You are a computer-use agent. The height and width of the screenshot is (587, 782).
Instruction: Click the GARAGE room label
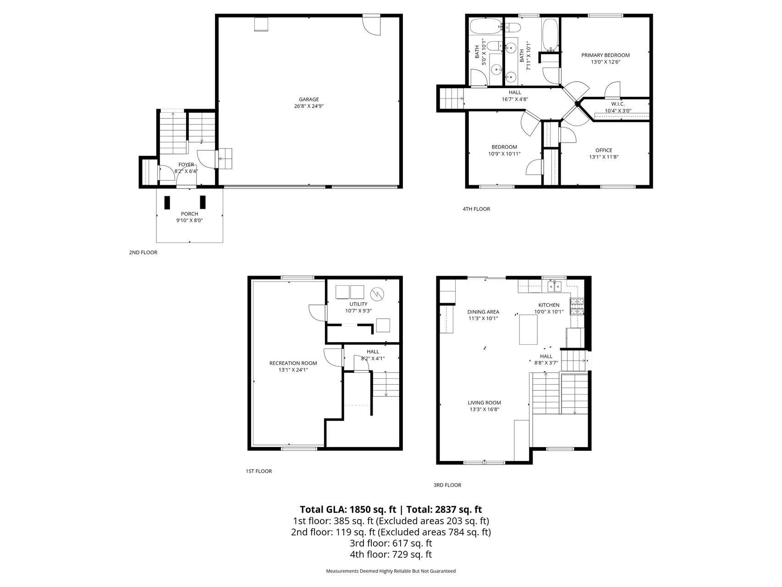click(x=308, y=100)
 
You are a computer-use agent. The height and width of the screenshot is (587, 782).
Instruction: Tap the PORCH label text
click(x=189, y=214)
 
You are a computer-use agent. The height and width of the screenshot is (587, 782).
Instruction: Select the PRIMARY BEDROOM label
click(x=606, y=55)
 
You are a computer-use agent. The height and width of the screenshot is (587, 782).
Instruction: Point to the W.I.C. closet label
click(x=617, y=104)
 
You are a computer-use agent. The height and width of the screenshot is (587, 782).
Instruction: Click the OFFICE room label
click(x=604, y=150)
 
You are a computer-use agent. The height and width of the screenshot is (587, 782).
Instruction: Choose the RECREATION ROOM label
click(x=293, y=363)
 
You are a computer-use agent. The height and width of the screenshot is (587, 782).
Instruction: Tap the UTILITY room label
click(x=358, y=304)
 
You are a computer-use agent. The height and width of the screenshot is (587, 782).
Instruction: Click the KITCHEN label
click(x=549, y=305)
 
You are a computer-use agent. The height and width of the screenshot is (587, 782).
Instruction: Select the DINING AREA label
click(x=483, y=312)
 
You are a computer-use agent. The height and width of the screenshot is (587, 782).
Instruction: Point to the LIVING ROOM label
click(x=485, y=403)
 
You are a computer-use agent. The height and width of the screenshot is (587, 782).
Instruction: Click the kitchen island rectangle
click(x=528, y=329)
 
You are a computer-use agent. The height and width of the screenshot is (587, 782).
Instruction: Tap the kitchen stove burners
click(x=577, y=306)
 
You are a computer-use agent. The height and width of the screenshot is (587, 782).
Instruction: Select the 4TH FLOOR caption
click(x=476, y=209)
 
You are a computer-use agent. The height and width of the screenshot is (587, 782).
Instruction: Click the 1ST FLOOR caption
click(x=259, y=471)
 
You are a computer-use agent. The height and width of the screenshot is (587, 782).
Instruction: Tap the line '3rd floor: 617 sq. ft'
click(x=391, y=543)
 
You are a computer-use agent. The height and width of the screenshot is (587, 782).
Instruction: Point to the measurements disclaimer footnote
click(x=391, y=571)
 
